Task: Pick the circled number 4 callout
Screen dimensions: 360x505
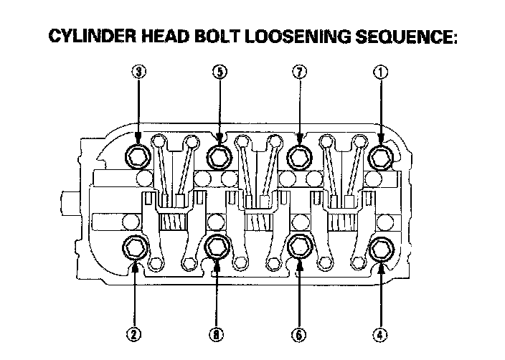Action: click(x=381, y=333)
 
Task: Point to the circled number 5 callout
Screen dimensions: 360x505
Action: click(x=218, y=71)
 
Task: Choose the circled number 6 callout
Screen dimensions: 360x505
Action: click(x=299, y=333)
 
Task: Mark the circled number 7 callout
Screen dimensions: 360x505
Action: click(x=299, y=71)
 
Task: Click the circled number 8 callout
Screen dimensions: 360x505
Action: click(x=218, y=333)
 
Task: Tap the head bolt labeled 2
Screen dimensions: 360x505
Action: click(x=135, y=247)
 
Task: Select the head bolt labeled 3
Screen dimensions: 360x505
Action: click(x=136, y=154)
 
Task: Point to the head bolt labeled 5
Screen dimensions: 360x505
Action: click(x=218, y=154)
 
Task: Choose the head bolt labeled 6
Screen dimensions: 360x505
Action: click(x=299, y=247)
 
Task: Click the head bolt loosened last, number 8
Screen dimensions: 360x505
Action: click(x=218, y=247)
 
